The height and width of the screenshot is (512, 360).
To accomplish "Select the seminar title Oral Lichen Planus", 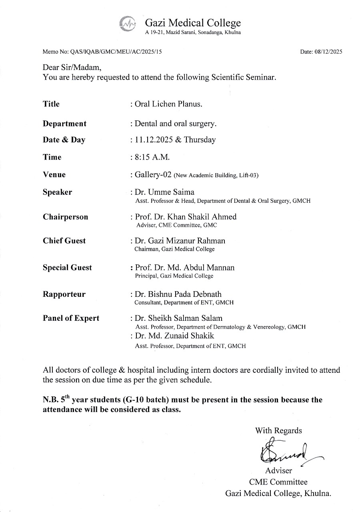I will (168, 104).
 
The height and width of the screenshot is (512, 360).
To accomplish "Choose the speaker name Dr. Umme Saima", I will (164, 192).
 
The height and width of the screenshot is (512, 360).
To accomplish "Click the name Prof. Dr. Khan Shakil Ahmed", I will (186, 217).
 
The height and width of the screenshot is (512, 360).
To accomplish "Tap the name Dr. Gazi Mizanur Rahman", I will (180, 241).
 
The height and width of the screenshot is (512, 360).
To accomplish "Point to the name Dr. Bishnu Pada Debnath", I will (178, 294).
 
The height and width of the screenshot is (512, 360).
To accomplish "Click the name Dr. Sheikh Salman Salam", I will (178, 318).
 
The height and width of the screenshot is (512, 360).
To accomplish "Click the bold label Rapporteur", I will (64, 294).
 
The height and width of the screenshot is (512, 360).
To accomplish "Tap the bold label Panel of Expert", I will (71, 318).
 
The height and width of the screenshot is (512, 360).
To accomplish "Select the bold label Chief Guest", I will (64, 241).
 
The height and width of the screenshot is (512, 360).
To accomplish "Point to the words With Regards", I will (278, 430).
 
